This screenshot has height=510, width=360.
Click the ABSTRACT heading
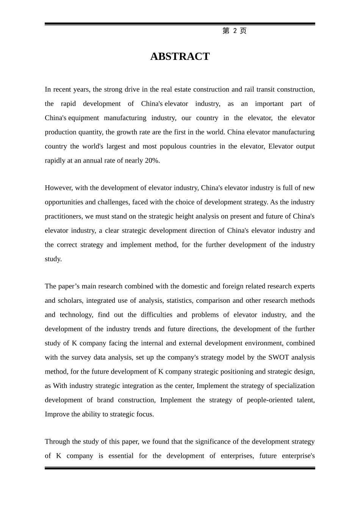point(180,56)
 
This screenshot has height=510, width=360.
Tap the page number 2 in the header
point(235,31)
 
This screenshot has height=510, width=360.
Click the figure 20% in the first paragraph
point(152,161)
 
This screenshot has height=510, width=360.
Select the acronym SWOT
point(279,357)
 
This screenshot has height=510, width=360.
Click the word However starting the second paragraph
point(58,188)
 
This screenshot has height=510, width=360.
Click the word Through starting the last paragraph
point(57,441)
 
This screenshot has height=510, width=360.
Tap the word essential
point(121,456)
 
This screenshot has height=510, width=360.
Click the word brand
point(105,400)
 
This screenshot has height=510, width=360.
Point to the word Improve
point(57,414)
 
